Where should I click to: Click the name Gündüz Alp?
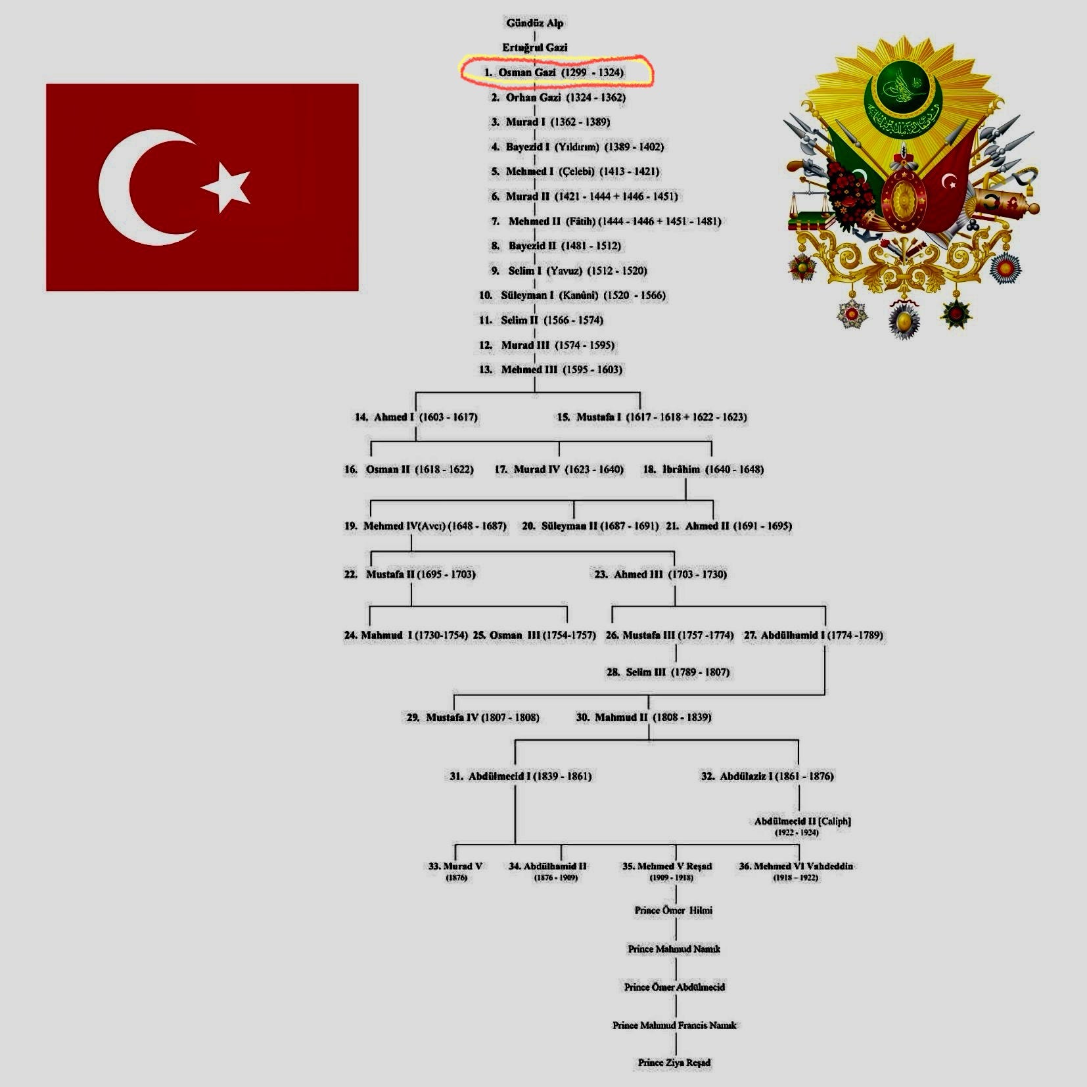point(534,23)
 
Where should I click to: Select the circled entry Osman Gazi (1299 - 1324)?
point(555,72)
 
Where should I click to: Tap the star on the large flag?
point(227,187)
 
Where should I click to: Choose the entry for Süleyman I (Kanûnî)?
point(572,296)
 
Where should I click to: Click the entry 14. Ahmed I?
point(416,417)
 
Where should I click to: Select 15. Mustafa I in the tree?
point(651,417)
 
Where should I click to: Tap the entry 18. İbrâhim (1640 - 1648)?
point(703,469)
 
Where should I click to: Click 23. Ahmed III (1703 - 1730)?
point(660,574)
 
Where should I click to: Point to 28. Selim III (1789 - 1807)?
point(668,672)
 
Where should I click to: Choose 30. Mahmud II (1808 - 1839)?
point(643,718)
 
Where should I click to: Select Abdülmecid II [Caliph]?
point(802,821)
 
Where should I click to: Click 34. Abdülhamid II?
point(547,867)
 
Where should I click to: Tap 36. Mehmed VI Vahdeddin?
point(795,867)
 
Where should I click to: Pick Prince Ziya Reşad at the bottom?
point(674,1063)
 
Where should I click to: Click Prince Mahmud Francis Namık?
point(674,1025)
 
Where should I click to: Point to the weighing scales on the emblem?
point(806,204)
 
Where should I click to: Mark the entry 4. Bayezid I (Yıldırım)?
point(578,147)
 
